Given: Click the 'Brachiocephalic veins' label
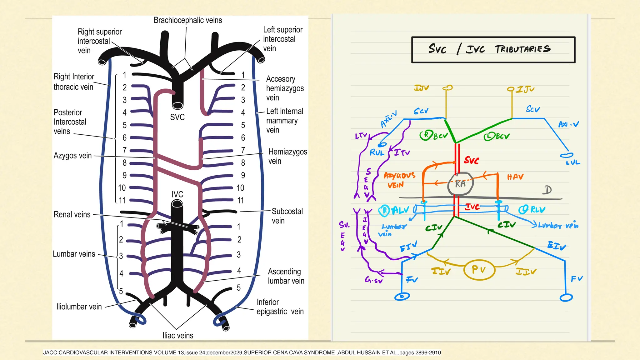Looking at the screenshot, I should tap(188, 20).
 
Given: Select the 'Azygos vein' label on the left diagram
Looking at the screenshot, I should tap(72, 156).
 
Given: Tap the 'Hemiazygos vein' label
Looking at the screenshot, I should tap(287, 156).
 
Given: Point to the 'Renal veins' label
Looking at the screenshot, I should tap(72, 215).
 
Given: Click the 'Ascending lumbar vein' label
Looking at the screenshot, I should tap(286, 276).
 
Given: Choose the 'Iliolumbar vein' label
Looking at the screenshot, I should tap(79, 307).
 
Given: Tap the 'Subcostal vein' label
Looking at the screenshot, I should tap(287, 216).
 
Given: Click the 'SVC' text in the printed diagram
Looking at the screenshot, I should tap(177, 117).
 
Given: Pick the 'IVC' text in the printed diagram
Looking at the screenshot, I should tap(177, 194).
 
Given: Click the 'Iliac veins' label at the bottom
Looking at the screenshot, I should tap(177, 336).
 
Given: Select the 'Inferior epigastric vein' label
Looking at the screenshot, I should tap(280, 307).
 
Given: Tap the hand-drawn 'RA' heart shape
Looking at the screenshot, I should tap(460, 184).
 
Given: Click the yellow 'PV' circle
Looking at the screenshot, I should tap(479, 269).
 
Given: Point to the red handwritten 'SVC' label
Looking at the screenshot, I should tap(471, 161).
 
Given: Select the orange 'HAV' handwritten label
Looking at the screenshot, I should tap(515, 177).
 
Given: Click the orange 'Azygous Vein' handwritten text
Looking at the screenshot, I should tap(399, 180).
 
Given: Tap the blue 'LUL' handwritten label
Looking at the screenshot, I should tap(573, 162).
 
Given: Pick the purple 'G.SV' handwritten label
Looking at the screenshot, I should tap(374, 280).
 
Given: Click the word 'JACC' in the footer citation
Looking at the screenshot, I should tap(50, 353).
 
